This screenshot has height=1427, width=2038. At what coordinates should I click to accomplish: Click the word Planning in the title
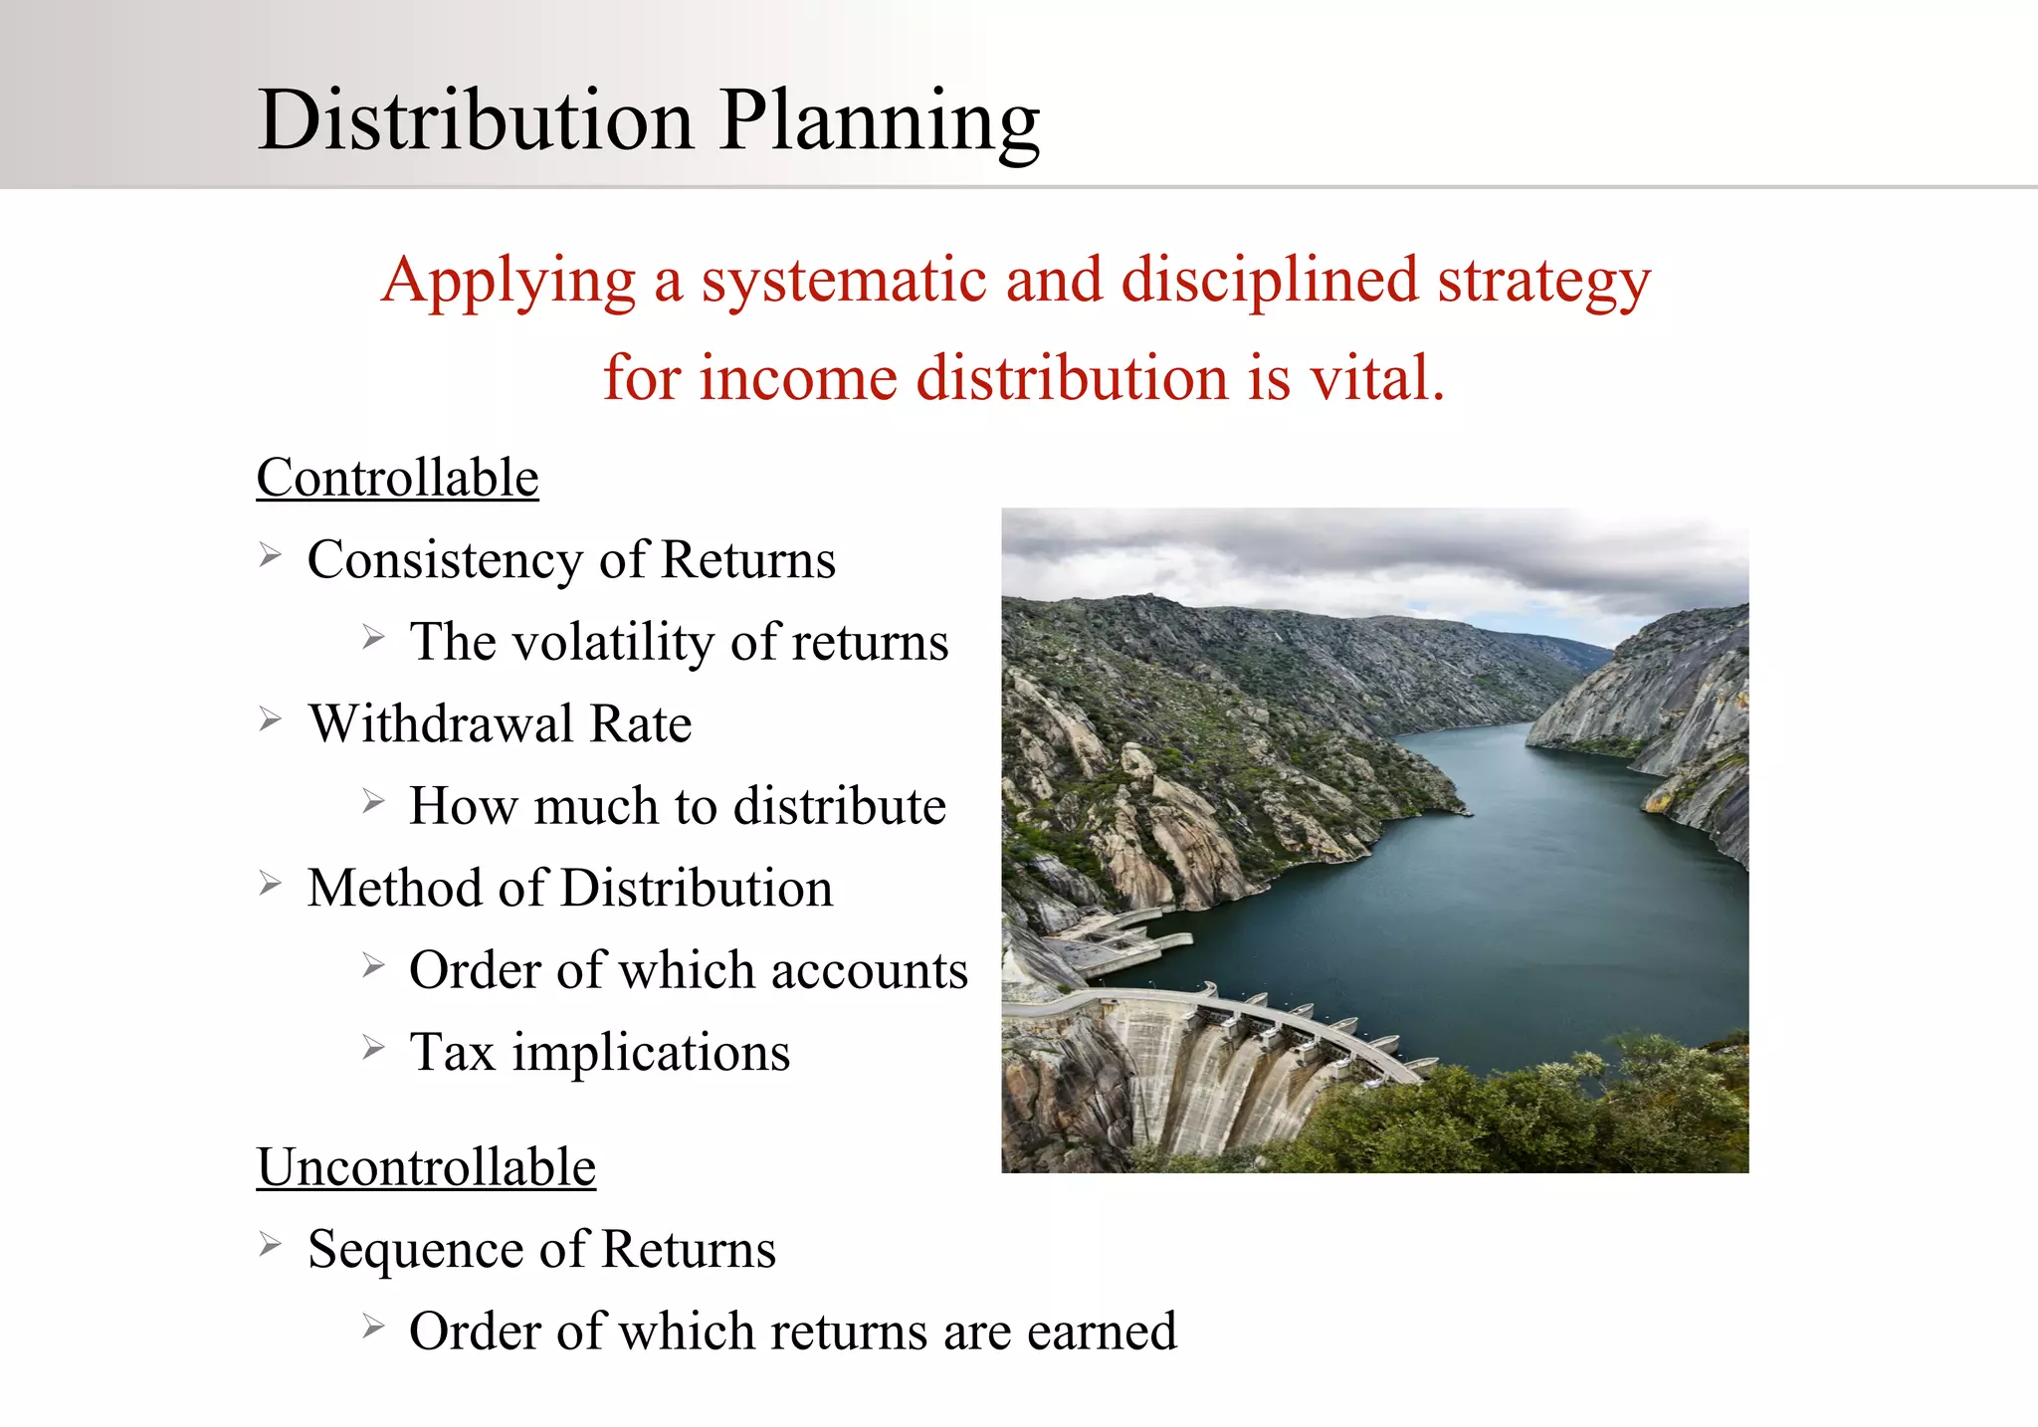click(x=880, y=121)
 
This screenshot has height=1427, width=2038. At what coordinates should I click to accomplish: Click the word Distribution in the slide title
click(x=476, y=121)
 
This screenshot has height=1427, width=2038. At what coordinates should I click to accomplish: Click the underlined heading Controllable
click(x=397, y=478)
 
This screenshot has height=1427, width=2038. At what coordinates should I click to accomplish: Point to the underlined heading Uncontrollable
click(x=426, y=1167)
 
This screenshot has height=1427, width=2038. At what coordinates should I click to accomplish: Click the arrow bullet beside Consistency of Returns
click(x=271, y=554)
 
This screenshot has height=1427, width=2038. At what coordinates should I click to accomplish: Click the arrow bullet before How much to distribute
click(x=373, y=801)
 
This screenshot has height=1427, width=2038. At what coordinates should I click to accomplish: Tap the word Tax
click(x=453, y=1053)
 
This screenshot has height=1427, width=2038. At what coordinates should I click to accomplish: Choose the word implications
click(x=651, y=1053)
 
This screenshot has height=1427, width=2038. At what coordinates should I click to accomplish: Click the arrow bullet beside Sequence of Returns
click(x=271, y=1244)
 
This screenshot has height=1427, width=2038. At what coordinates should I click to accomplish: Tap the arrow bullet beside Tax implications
click(x=373, y=1048)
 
